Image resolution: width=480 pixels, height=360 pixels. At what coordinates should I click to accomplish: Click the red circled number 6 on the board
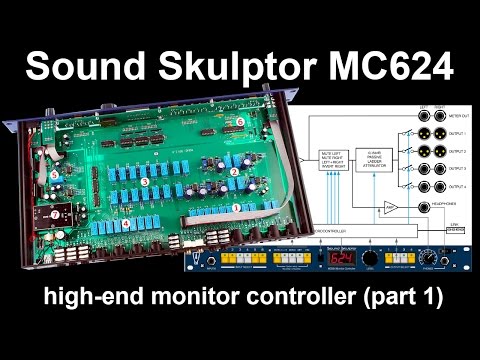pyautogui.click(x=239, y=120)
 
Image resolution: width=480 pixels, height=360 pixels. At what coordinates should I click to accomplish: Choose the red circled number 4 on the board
pyautogui.click(x=125, y=223)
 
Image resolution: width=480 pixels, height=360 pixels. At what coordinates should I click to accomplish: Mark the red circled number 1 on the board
pyautogui.click(x=236, y=207)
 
